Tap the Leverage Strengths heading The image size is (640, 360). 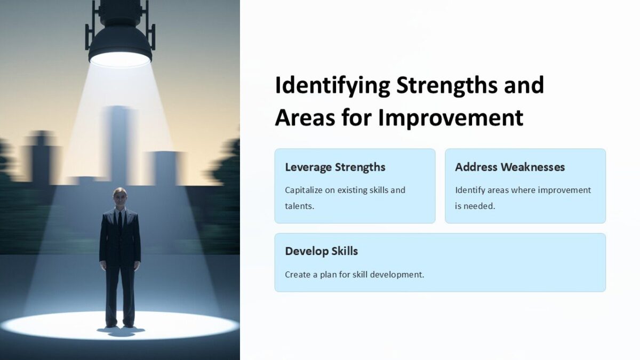[x=335, y=167]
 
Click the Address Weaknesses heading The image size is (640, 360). [x=510, y=167]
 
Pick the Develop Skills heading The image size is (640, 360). [x=321, y=251]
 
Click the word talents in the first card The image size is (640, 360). [x=298, y=206]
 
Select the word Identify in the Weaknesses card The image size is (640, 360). [x=470, y=190]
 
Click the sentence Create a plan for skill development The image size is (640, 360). [x=354, y=275]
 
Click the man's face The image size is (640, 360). [x=120, y=198]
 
